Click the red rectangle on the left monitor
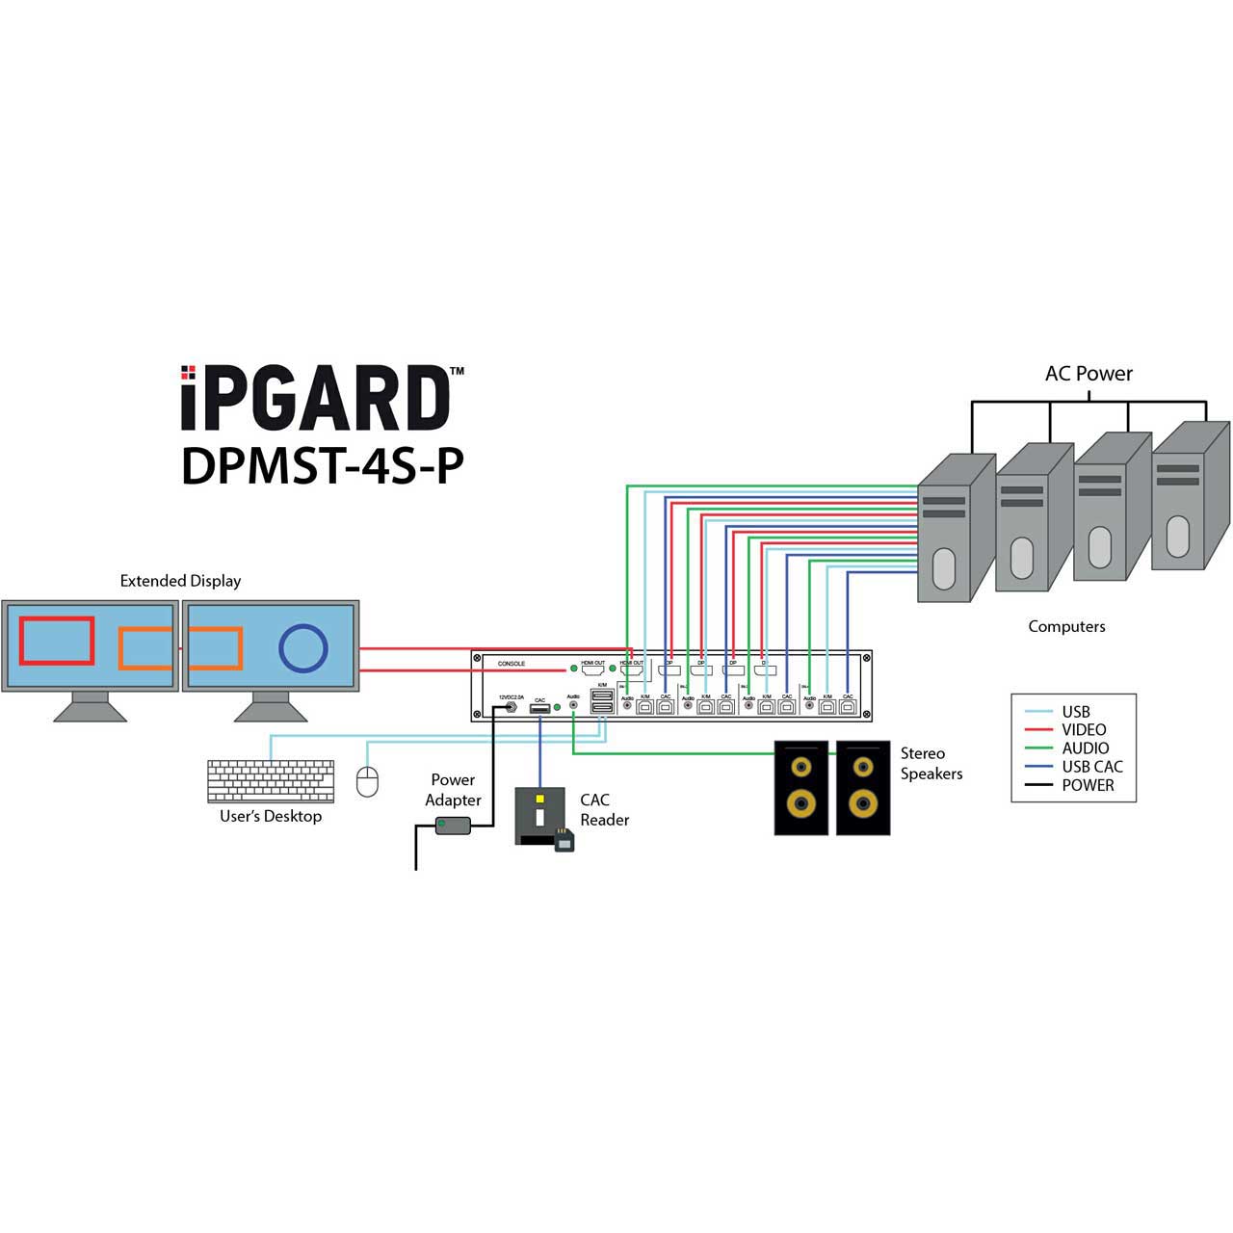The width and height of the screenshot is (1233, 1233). coord(57,642)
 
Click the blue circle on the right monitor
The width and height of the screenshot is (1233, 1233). coord(303,647)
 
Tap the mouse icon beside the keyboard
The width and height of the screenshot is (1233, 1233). coord(367,782)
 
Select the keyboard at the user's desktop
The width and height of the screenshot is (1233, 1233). coord(271,781)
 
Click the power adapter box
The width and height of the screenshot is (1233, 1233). coord(453,826)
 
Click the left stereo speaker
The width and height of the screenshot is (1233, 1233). coord(801,787)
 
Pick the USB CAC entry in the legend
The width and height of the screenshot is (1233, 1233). coord(1091,767)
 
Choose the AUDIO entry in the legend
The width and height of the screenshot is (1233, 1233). coord(1085,748)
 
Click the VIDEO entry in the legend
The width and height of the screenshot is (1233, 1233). coord(1084,730)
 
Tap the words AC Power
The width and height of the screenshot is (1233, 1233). coord(1089,374)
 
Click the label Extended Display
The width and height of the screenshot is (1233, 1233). coord(180,581)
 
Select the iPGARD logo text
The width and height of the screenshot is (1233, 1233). coord(316,399)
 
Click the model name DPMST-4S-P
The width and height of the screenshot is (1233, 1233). coord(323,465)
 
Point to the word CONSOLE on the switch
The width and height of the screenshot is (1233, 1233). coord(512,664)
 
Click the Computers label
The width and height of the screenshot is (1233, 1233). coord(1066,626)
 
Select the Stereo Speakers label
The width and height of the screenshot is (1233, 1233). coord(931,764)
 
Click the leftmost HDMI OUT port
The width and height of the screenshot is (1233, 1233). coord(592,669)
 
